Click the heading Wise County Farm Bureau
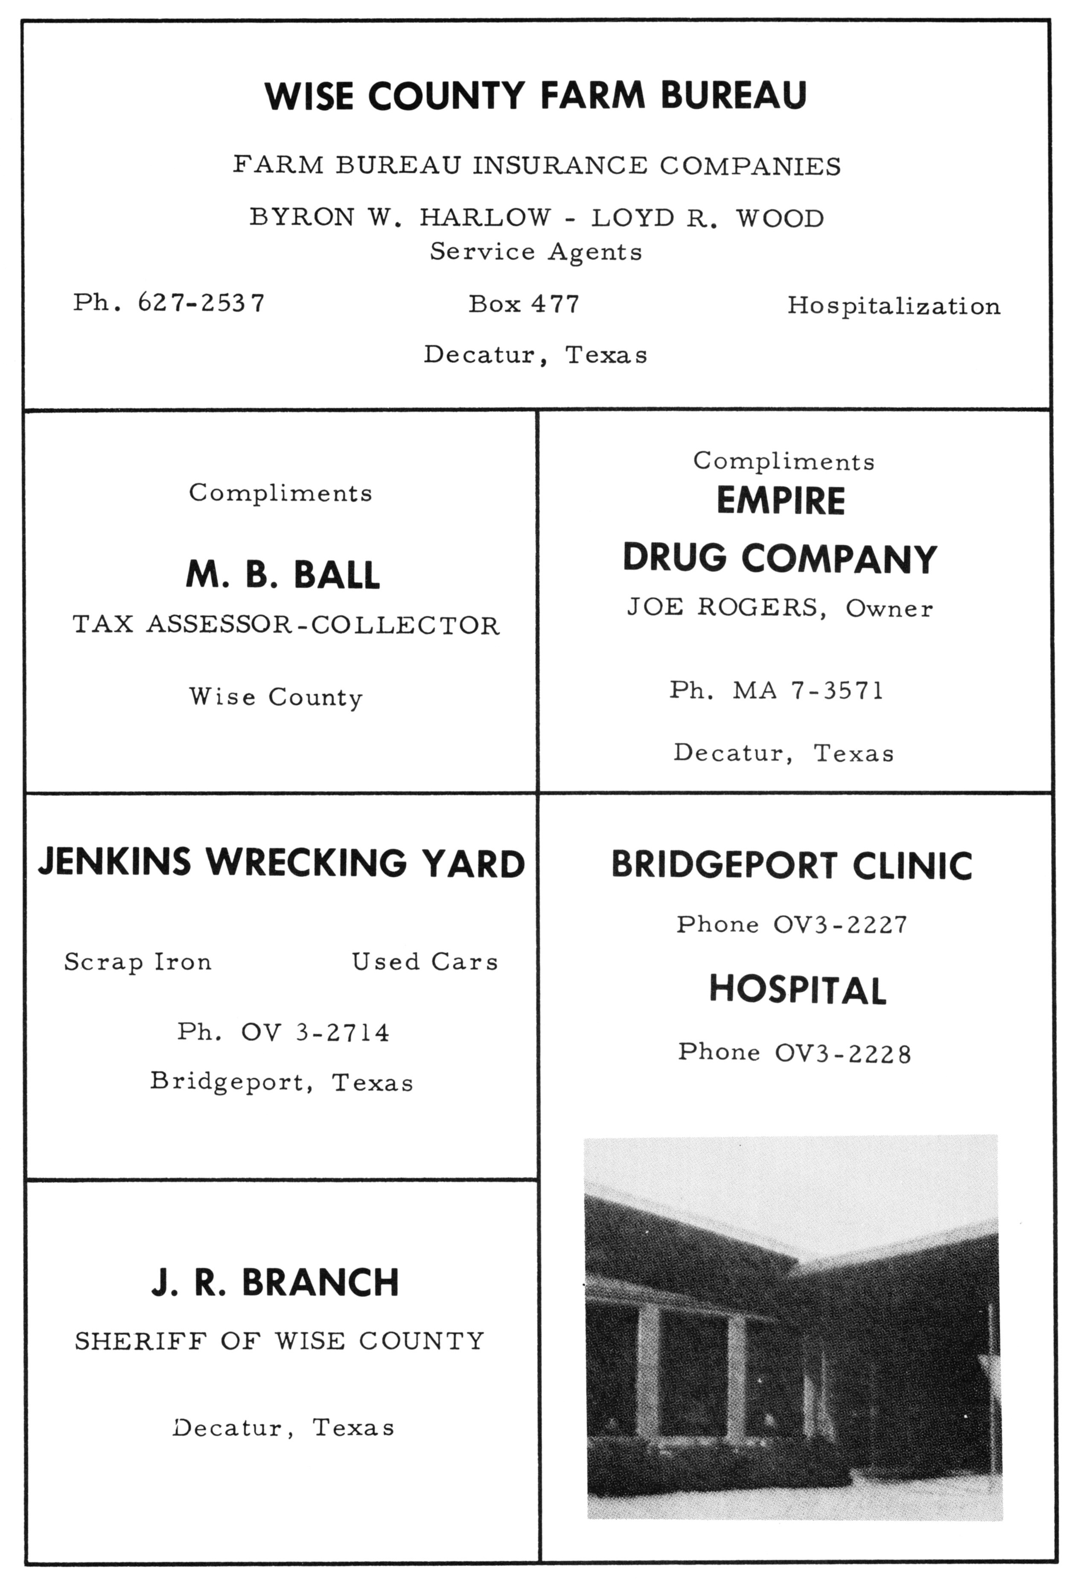point(536,95)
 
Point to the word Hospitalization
point(893,306)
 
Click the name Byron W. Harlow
point(400,217)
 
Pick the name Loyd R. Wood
point(707,218)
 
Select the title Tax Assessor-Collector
point(286,625)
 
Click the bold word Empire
point(781,501)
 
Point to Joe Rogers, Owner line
point(780,608)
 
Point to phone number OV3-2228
point(842,1052)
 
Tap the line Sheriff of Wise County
point(280,1341)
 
